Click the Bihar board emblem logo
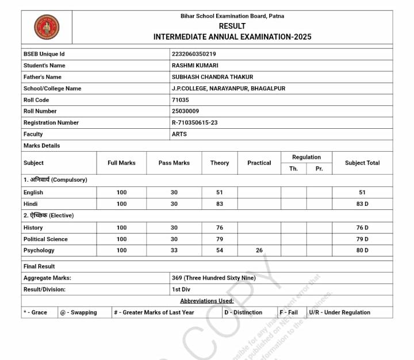47,27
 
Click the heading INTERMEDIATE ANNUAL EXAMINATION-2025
232,37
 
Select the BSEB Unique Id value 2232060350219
194,54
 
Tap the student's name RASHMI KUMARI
195,66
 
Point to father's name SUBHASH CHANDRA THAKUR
212,77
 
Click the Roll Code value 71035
180,100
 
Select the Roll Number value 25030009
185,111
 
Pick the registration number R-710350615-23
194,122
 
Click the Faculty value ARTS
179,134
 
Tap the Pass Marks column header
174,163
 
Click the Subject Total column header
362,163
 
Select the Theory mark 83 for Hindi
220,204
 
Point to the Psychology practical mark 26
259,250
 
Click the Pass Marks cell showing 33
174,250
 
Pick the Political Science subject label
45,239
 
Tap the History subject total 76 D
362,228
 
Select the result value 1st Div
181,289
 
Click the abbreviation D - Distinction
243,312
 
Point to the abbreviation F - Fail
289,312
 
